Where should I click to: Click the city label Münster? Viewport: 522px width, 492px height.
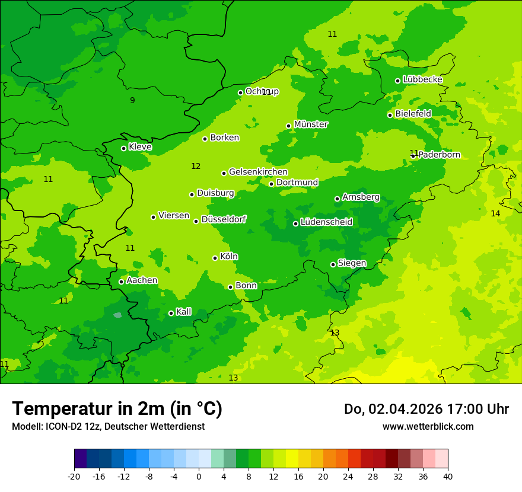[x=311, y=124]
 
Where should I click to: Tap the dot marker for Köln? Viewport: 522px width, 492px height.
[x=215, y=258]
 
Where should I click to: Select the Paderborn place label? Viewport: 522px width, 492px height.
[x=440, y=155]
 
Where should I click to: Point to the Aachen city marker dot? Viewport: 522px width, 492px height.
[x=122, y=282]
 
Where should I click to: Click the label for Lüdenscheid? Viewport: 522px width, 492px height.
[x=326, y=222]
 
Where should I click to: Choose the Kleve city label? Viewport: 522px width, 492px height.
[x=140, y=147]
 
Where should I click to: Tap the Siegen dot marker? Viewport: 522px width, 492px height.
[x=333, y=264]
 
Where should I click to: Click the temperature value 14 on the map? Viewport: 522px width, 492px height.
[x=495, y=213]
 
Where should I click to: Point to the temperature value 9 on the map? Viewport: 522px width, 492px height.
[x=132, y=100]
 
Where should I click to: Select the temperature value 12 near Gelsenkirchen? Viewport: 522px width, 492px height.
[x=196, y=167]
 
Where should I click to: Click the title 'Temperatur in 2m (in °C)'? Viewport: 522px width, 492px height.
[x=117, y=408]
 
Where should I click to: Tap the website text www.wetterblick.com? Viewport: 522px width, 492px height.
[x=428, y=426]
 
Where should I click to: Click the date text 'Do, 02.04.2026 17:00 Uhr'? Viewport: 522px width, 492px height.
[x=426, y=409]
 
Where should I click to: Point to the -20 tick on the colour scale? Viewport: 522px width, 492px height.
[x=74, y=476]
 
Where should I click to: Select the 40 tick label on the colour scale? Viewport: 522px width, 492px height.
[x=448, y=476]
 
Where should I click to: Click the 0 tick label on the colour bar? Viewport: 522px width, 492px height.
[x=199, y=476]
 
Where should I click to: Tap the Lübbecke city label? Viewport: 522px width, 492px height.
[x=422, y=79]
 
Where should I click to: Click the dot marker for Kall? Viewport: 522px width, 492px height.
[x=171, y=313]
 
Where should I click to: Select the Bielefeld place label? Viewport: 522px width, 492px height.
[x=413, y=113]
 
